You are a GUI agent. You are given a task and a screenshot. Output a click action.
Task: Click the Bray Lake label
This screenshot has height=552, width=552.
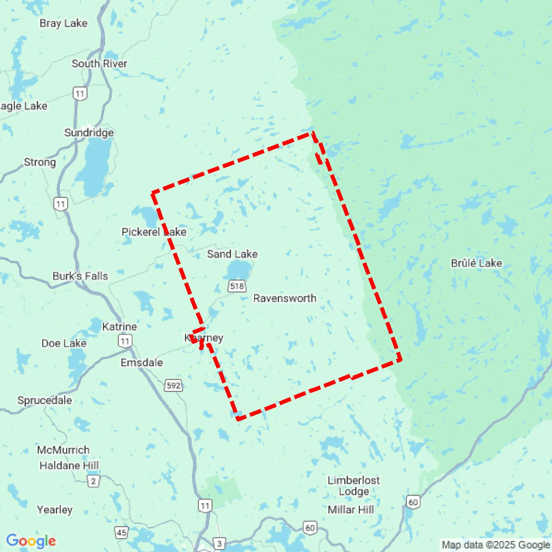pyautogui.click(x=63, y=23)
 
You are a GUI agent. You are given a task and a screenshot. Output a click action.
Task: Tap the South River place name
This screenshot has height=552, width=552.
pyautogui.click(x=99, y=63)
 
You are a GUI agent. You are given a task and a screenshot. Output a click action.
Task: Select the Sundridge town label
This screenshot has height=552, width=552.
pyautogui.click(x=89, y=133)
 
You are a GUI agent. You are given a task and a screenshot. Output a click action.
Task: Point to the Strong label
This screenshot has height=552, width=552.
pyautogui.click(x=40, y=162)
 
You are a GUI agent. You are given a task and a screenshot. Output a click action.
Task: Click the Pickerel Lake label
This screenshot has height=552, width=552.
pyautogui.click(x=154, y=232)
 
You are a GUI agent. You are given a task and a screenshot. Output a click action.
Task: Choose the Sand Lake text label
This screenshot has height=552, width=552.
pyautogui.click(x=232, y=254)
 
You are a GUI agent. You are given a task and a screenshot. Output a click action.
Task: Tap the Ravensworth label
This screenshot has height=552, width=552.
pyautogui.click(x=285, y=298)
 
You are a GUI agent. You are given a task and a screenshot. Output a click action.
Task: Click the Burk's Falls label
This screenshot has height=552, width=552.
pyautogui.click(x=80, y=276)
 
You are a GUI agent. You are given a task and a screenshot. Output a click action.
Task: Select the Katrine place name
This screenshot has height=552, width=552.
pyautogui.click(x=120, y=326)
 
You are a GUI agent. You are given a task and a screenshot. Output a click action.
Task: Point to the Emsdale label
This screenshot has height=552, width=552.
pyautogui.click(x=142, y=362)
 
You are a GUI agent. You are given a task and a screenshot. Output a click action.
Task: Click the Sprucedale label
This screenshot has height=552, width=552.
pyautogui.click(x=45, y=400)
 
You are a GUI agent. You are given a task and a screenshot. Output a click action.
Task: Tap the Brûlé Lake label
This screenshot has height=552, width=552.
pyautogui.click(x=476, y=263)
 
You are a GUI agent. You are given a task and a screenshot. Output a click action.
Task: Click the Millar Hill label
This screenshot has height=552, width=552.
pyautogui.click(x=351, y=509)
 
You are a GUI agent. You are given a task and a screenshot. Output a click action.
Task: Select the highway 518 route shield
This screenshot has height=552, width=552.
pyautogui.click(x=237, y=286)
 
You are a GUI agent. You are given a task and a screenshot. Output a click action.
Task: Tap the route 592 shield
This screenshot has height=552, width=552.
pyautogui.click(x=174, y=385)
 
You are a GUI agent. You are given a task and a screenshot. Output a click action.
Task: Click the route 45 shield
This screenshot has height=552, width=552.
pyautogui.click(x=121, y=533)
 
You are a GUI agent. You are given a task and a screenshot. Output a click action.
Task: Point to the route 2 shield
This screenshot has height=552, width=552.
pyautogui.click(x=93, y=481)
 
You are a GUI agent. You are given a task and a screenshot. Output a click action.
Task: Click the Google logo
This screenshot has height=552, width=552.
pyautogui.click(x=31, y=541)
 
